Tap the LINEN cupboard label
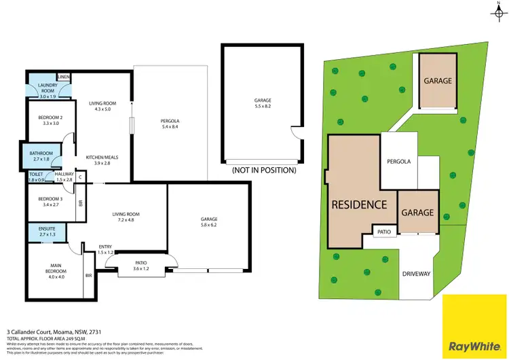coord(64,77)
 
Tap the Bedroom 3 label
coord(46,200)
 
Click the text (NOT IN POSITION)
coord(264,170)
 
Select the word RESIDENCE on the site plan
coord(359,204)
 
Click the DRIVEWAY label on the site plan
coord(417,274)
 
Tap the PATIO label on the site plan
coord(384,232)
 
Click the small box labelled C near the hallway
coord(81,177)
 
